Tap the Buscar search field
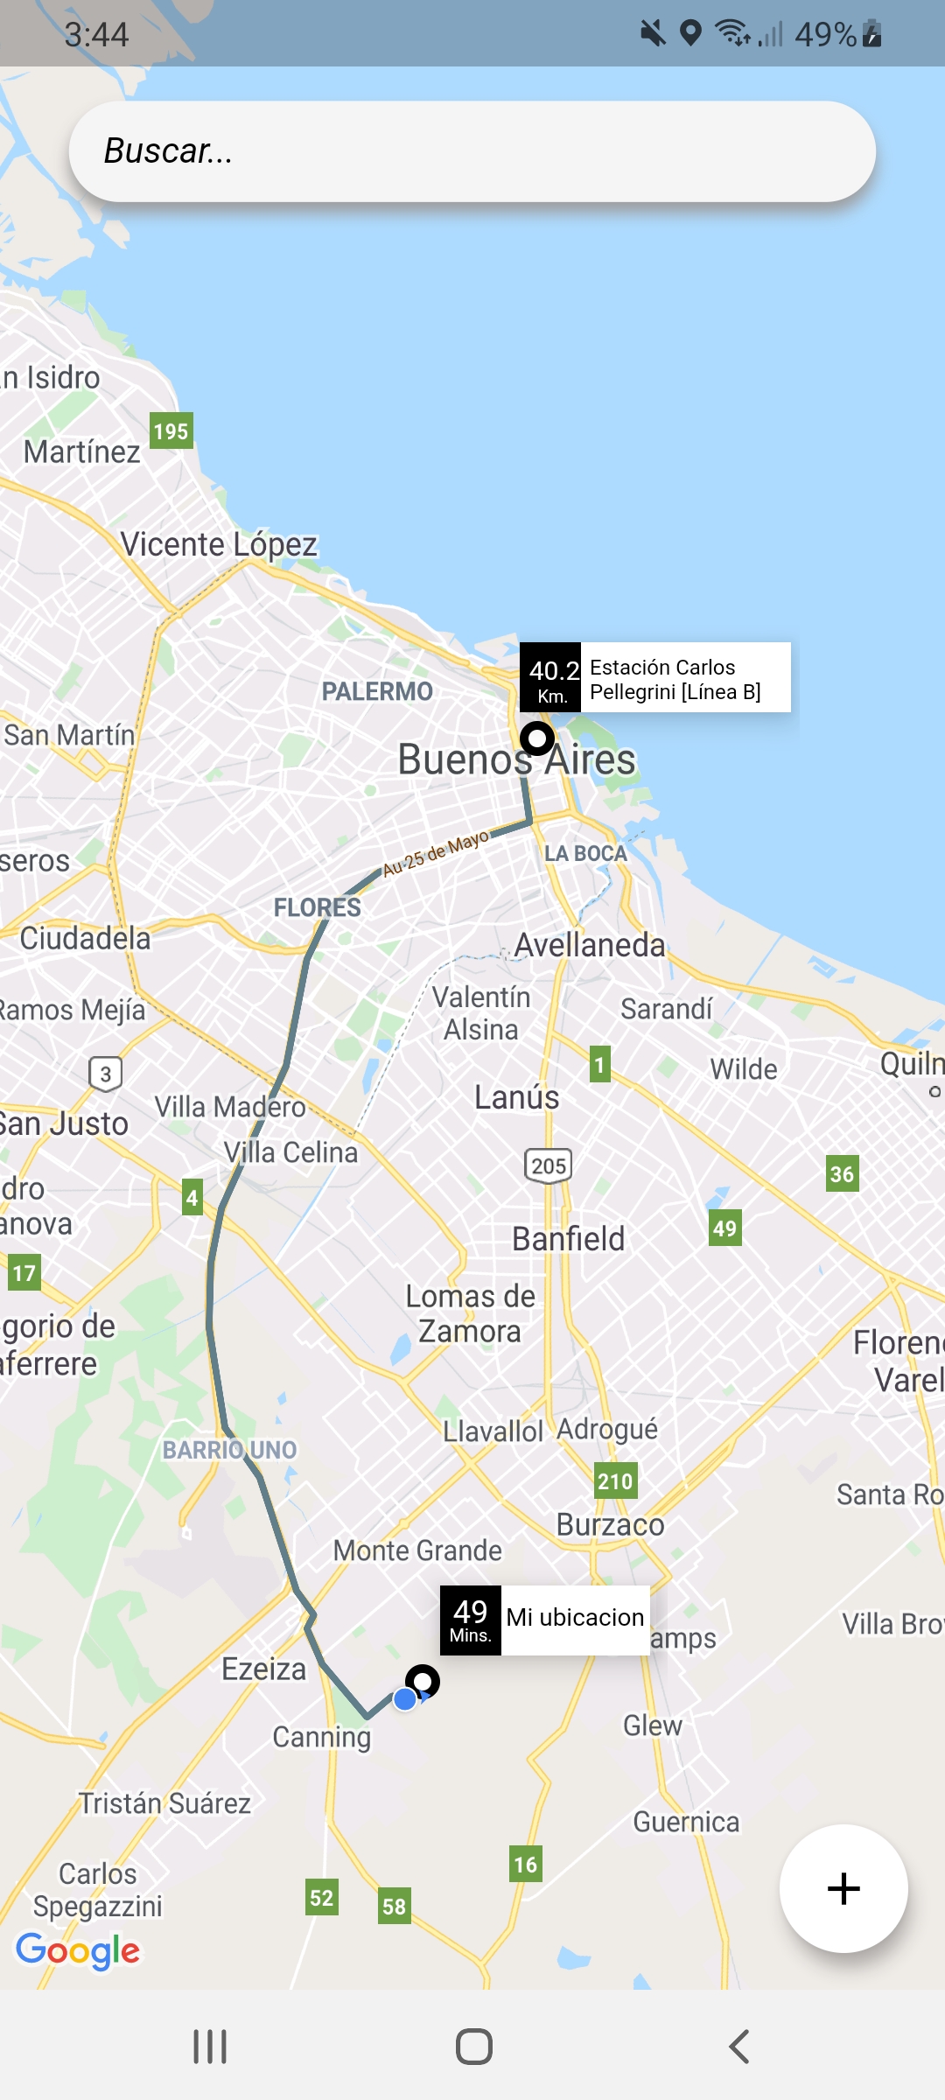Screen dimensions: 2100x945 coord(472,151)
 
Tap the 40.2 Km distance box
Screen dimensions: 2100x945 coord(550,679)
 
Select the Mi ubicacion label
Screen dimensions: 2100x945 coord(575,1618)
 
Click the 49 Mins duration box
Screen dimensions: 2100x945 coord(471,1620)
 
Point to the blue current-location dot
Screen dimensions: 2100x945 coord(405,1699)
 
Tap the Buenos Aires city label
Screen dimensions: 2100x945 coord(516,759)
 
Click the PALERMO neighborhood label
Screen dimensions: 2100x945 coord(377,692)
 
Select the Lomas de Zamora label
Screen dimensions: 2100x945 coord(470,1313)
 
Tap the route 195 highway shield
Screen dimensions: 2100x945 coord(171,431)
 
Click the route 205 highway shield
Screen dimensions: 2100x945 coord(549,1165)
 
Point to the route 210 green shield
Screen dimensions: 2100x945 coord(615,1480)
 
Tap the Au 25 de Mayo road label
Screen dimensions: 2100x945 coord(436,853)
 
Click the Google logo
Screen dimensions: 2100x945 coord(78,1950)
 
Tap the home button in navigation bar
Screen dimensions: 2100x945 coord(473,2047)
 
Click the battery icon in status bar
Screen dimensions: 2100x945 coord(871,34)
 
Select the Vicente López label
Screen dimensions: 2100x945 coord(219,545)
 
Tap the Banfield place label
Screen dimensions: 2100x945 coord(569,1239)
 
